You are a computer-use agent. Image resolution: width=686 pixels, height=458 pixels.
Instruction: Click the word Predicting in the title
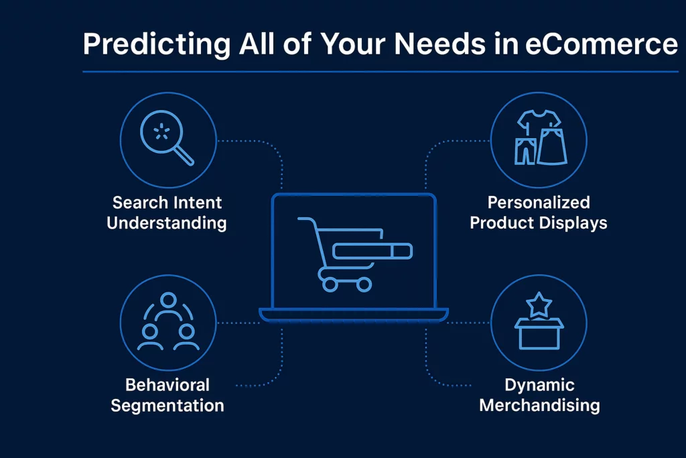(156, 45)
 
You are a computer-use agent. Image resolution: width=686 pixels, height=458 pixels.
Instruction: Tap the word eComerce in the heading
(601, 44)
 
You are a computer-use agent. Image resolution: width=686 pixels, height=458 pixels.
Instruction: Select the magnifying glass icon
(167, 137)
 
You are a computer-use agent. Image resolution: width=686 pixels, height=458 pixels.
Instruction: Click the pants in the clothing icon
(525, 151)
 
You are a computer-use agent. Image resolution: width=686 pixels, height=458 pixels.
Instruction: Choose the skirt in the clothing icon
(552, 147)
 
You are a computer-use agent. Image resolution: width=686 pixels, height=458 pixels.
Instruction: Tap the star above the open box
(539, 304)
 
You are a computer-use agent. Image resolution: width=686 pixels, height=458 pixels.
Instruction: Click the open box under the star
(539, 334)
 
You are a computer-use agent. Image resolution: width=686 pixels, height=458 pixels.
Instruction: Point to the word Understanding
(167, 223)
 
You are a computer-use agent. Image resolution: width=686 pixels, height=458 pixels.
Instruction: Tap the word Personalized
(539, 203)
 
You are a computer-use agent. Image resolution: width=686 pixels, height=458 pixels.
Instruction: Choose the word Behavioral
(167, 385)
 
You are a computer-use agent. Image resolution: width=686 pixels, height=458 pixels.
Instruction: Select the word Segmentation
(167, 406)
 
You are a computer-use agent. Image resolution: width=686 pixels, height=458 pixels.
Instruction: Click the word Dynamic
(539, 386)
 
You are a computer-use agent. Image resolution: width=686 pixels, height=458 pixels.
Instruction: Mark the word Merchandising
(539, 406)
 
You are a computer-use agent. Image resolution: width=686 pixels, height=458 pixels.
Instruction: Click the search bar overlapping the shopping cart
(372, 251)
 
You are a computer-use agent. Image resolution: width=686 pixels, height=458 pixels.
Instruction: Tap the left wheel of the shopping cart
(330, 284)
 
